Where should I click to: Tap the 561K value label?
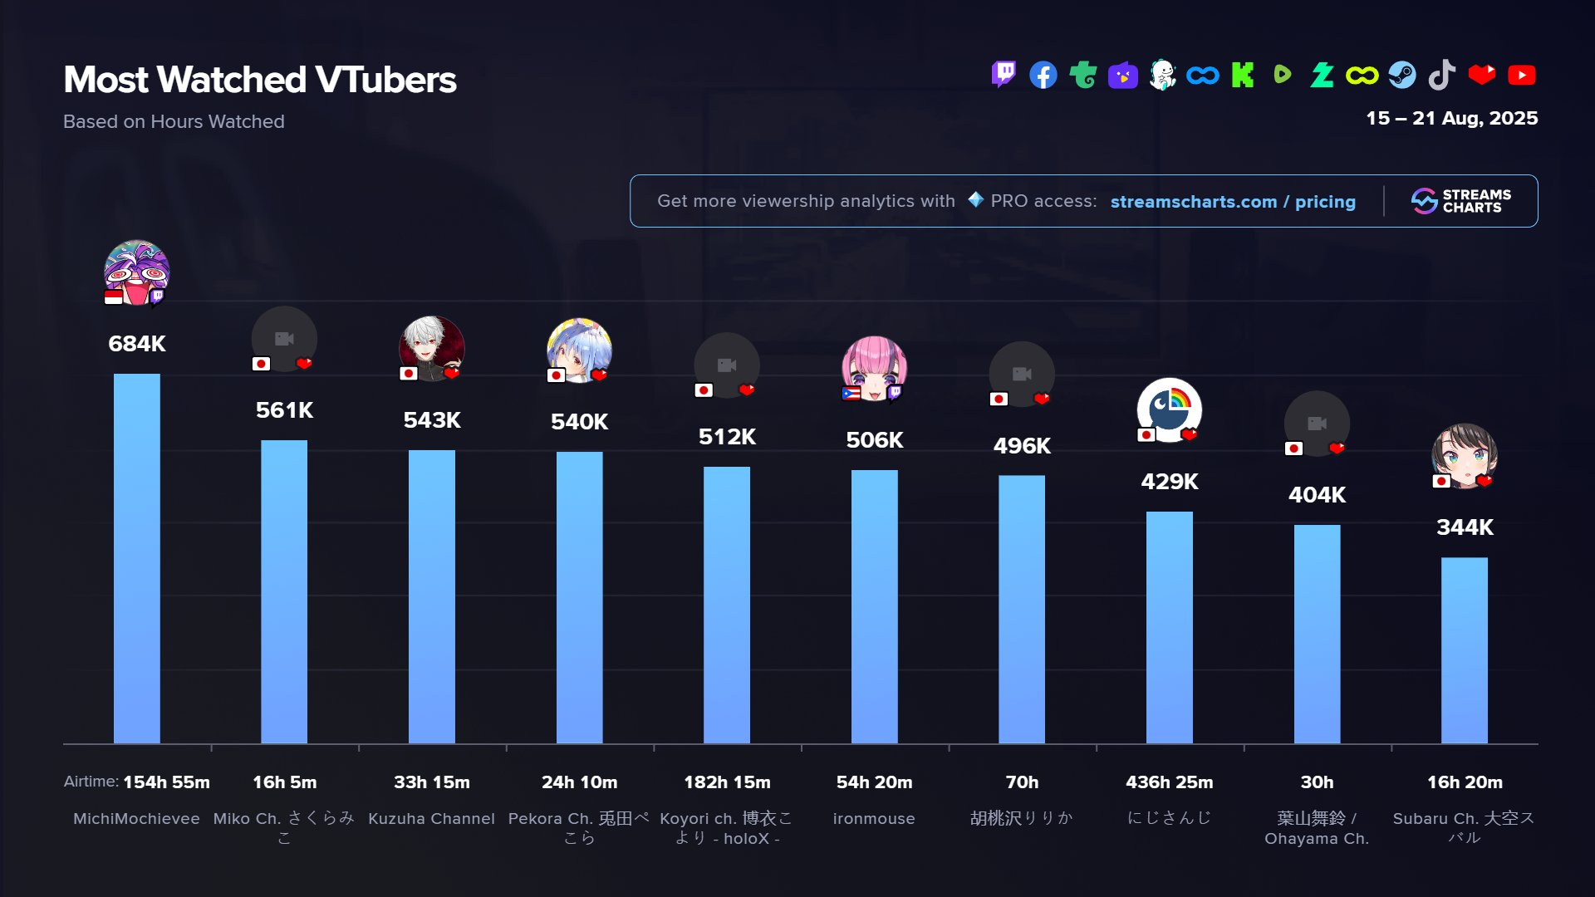284,410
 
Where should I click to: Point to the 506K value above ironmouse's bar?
874,440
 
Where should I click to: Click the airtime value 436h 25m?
1169,782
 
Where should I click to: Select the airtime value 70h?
1022,782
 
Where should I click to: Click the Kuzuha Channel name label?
431,819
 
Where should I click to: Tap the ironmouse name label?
874,819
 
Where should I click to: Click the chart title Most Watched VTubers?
260,80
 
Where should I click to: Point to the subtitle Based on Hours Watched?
174,122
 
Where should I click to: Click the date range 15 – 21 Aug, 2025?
1451,118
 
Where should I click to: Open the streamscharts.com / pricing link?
1233,202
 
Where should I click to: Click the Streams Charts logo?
1461,201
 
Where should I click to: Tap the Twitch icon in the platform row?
1004,75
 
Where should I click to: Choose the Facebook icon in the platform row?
1043,75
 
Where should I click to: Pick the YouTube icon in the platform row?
1522,75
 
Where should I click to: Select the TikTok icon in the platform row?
1442,75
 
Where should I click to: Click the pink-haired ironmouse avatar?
874,368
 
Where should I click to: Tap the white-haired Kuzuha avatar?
431,348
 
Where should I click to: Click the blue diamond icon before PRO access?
976,200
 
